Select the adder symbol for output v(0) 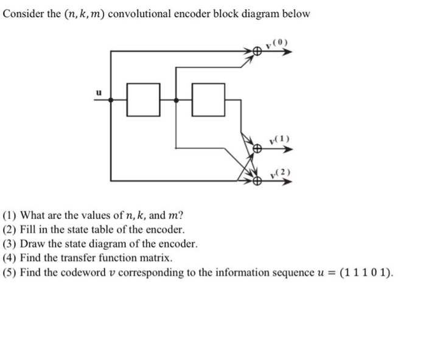257,52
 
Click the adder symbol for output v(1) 257,148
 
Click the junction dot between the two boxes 176,102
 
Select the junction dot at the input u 110,102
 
